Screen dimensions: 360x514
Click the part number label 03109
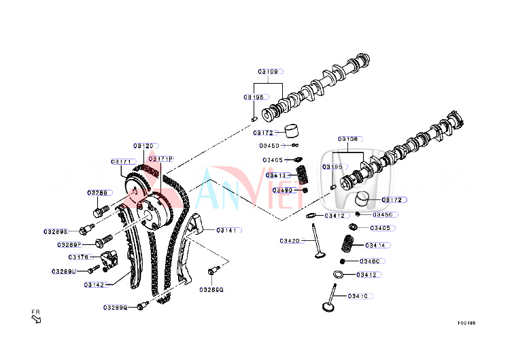pos(268,71)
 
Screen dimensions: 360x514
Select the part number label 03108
pos(348,139)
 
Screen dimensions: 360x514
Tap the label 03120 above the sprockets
pos(144,146)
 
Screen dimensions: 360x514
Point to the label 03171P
pos(160,159)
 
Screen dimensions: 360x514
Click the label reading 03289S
pos(56,231)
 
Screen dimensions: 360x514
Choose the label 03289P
pos(69,244)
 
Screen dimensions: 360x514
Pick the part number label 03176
pos(79,257)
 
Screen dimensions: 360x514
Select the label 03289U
pos(63,272)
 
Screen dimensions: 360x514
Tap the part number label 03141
pos(227,231)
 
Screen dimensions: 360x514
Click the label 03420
pos(289,240)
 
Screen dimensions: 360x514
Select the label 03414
pos(377,245)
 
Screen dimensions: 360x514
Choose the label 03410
pos(358,296)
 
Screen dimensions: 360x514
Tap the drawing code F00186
pos(466,324)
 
